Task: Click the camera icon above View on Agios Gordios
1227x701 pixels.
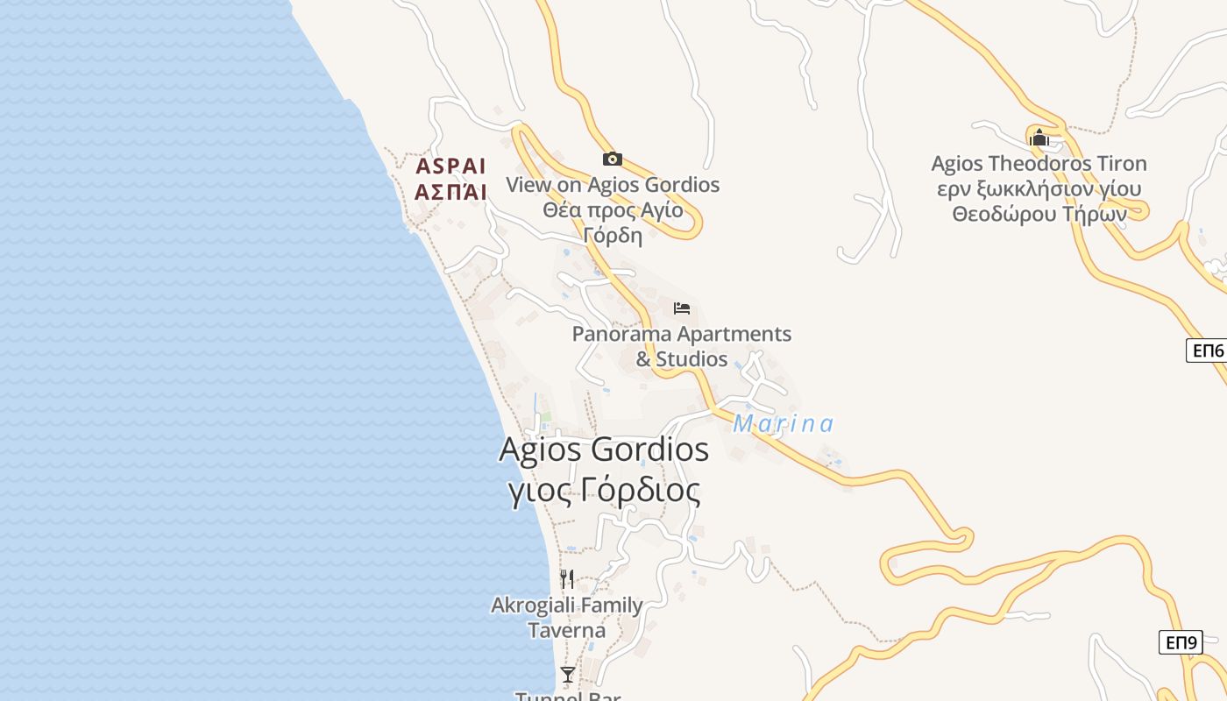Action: (612, 159)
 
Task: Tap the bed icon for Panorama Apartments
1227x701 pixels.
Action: (682, 308)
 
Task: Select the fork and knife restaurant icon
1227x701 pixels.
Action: (567, 579)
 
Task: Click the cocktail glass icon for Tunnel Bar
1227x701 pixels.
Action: (568, 674)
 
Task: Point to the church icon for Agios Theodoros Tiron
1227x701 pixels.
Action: (1039, 137)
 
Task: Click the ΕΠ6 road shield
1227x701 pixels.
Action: (1206, 350)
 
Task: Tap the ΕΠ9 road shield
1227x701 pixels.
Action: (1180, 642)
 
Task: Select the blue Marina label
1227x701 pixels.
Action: (783, 424)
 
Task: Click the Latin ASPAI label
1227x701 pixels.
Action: (450, 166)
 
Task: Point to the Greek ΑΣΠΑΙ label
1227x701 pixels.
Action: (450, 192)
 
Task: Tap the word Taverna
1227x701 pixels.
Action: (566, 630)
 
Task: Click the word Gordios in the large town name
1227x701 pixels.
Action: (650, 450)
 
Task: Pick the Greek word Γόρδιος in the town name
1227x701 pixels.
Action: (641, 491)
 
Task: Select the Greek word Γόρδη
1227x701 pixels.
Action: (613, 236)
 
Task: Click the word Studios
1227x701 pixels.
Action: (692, 359)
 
